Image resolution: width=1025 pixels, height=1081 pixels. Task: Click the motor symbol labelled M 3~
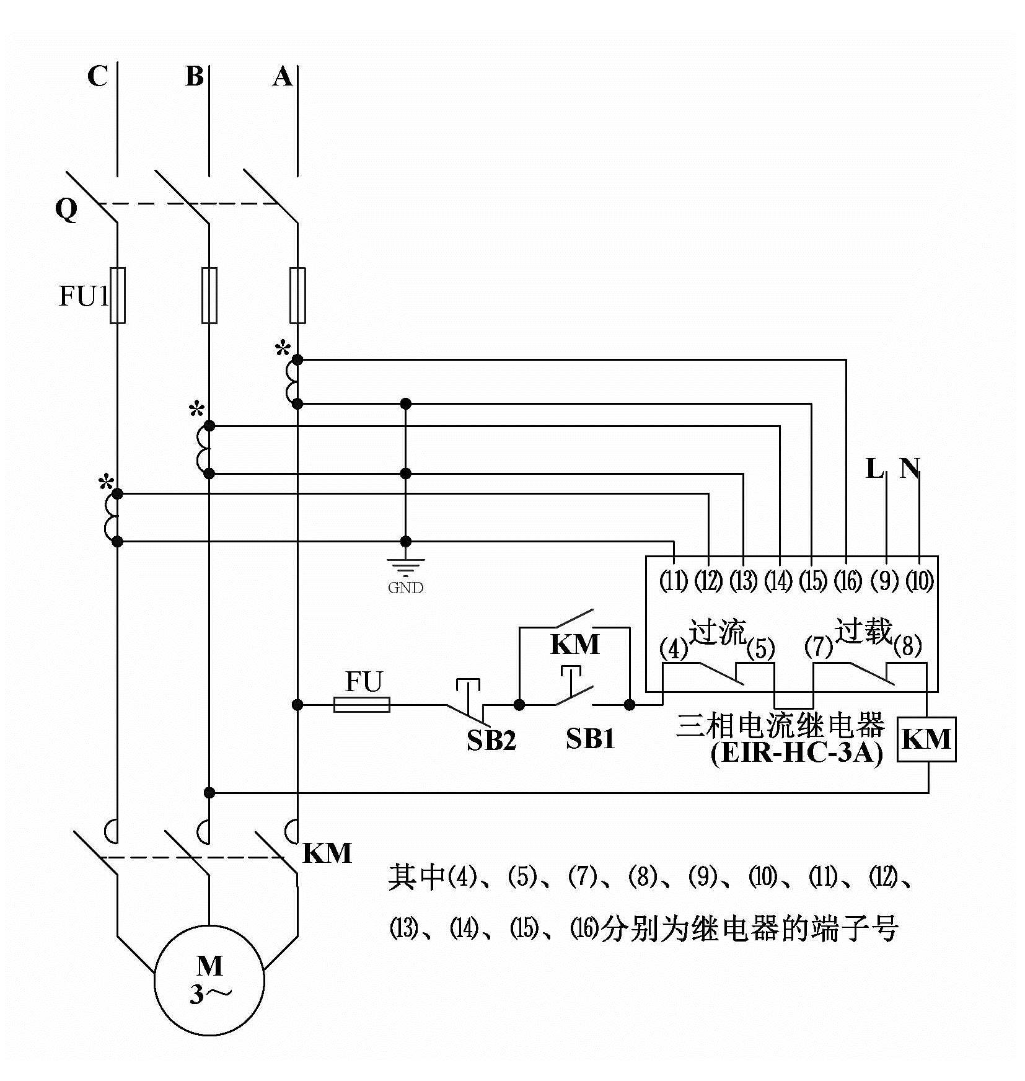(209, 980)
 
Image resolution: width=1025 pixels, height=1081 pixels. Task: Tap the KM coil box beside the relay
(926, 739)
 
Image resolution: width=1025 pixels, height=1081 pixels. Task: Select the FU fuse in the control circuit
(362, 704)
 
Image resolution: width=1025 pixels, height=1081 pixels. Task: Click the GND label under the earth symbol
(405, 588)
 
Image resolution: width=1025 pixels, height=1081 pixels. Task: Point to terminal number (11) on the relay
(674, 581)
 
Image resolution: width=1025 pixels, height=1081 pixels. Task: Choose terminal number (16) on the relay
(848, 581)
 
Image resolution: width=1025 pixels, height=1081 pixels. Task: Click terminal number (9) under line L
(885, 581)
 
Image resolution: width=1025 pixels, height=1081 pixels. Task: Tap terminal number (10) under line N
(920, 581)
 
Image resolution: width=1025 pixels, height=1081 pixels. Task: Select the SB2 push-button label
(491, 740)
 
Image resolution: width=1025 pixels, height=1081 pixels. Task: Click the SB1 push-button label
(590, 738)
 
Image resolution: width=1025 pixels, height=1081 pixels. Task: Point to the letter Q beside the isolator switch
(66, 210)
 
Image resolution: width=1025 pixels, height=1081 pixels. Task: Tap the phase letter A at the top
(283, 77)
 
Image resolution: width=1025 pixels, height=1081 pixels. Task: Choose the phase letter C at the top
(97, 77)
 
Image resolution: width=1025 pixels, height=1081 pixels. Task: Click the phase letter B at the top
(195, 77)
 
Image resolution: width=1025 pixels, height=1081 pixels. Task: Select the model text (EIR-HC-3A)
(797, 754)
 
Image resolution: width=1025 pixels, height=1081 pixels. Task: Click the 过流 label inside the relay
(718, 632)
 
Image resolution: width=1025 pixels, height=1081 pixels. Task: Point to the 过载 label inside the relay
(863, 631)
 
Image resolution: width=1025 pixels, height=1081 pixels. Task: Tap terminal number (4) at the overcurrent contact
(674, 649)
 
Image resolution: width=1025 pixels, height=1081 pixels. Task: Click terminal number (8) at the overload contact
(908, 647)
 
